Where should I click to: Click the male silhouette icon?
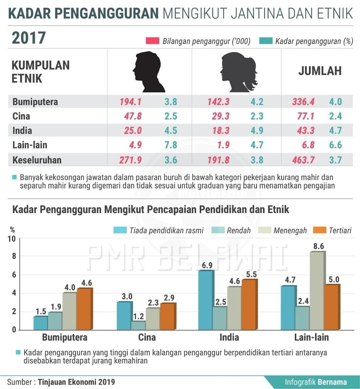pos(148,72)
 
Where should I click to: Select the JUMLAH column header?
pos(320,71)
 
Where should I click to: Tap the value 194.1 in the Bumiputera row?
pos(130,102)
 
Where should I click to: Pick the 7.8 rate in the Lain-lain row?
pos(171,145)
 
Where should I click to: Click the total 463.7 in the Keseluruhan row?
pos(303,160)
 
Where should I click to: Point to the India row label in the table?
pos(22,131)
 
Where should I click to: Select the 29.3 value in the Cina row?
pos(221,116)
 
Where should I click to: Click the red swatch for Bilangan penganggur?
pos(152,41)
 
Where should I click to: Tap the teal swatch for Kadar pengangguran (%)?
pos(266,41)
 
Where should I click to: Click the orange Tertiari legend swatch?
pos(320,230)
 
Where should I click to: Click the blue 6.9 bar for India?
pos(206,300)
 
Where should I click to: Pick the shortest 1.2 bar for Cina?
pos(139,325)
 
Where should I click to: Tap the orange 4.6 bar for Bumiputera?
pos(85,309)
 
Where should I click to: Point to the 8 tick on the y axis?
pos(14,256)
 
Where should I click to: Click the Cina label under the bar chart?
pos(147,337)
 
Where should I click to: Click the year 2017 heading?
pos(29,38)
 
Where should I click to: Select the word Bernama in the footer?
pos(332,382)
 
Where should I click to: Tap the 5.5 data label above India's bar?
pos(251,274)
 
